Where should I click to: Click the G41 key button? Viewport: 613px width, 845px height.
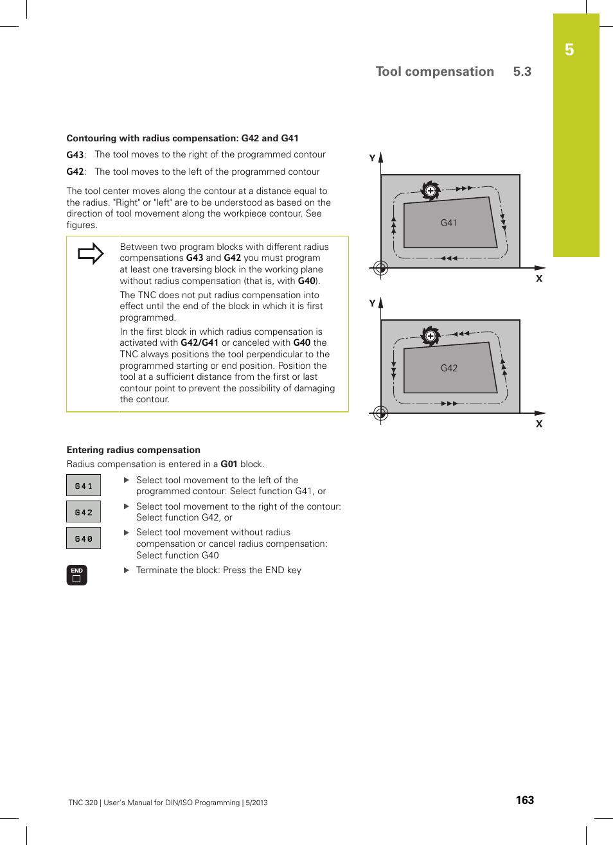(84, 486)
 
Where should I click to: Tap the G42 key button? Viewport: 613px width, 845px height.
(84, 512)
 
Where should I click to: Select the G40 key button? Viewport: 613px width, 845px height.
(84, 538)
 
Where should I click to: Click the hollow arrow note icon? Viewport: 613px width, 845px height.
(91, 253)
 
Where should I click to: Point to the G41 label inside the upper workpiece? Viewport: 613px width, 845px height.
(449, 223)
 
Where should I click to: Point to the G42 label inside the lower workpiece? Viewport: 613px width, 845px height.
(449, 368)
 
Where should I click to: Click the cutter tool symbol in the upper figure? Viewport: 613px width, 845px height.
(430, 190)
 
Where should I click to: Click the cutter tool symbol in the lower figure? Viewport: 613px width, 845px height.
(430, 335)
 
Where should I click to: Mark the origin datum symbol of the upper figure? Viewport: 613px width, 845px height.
(381, 268)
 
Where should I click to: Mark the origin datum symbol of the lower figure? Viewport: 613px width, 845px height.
(381, 413)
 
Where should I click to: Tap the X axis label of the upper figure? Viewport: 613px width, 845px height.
(539, 279)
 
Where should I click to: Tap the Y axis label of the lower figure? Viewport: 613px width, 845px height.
(372, 303)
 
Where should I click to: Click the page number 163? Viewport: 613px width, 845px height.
(524, 800)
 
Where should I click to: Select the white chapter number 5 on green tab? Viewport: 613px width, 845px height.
(569, 50)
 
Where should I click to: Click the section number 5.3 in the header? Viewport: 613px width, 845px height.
(522, 72)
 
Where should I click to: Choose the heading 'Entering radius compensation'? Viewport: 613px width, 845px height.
(134, 450)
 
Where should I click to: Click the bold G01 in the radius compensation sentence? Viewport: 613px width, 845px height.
(229, 464)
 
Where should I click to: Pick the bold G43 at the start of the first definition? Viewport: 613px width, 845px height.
(75, 155)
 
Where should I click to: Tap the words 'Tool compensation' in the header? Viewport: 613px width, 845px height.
(434, 72)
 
